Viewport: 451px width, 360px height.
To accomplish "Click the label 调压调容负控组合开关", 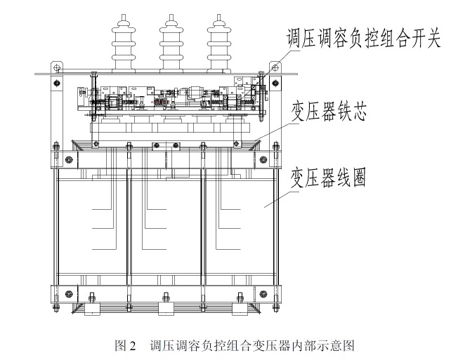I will pos(364,37).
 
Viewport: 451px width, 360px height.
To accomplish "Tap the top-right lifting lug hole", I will pos(275,67).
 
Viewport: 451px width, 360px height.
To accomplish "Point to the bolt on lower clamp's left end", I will pos(67,293).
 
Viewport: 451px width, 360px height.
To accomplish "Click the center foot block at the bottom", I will pos(166,309).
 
